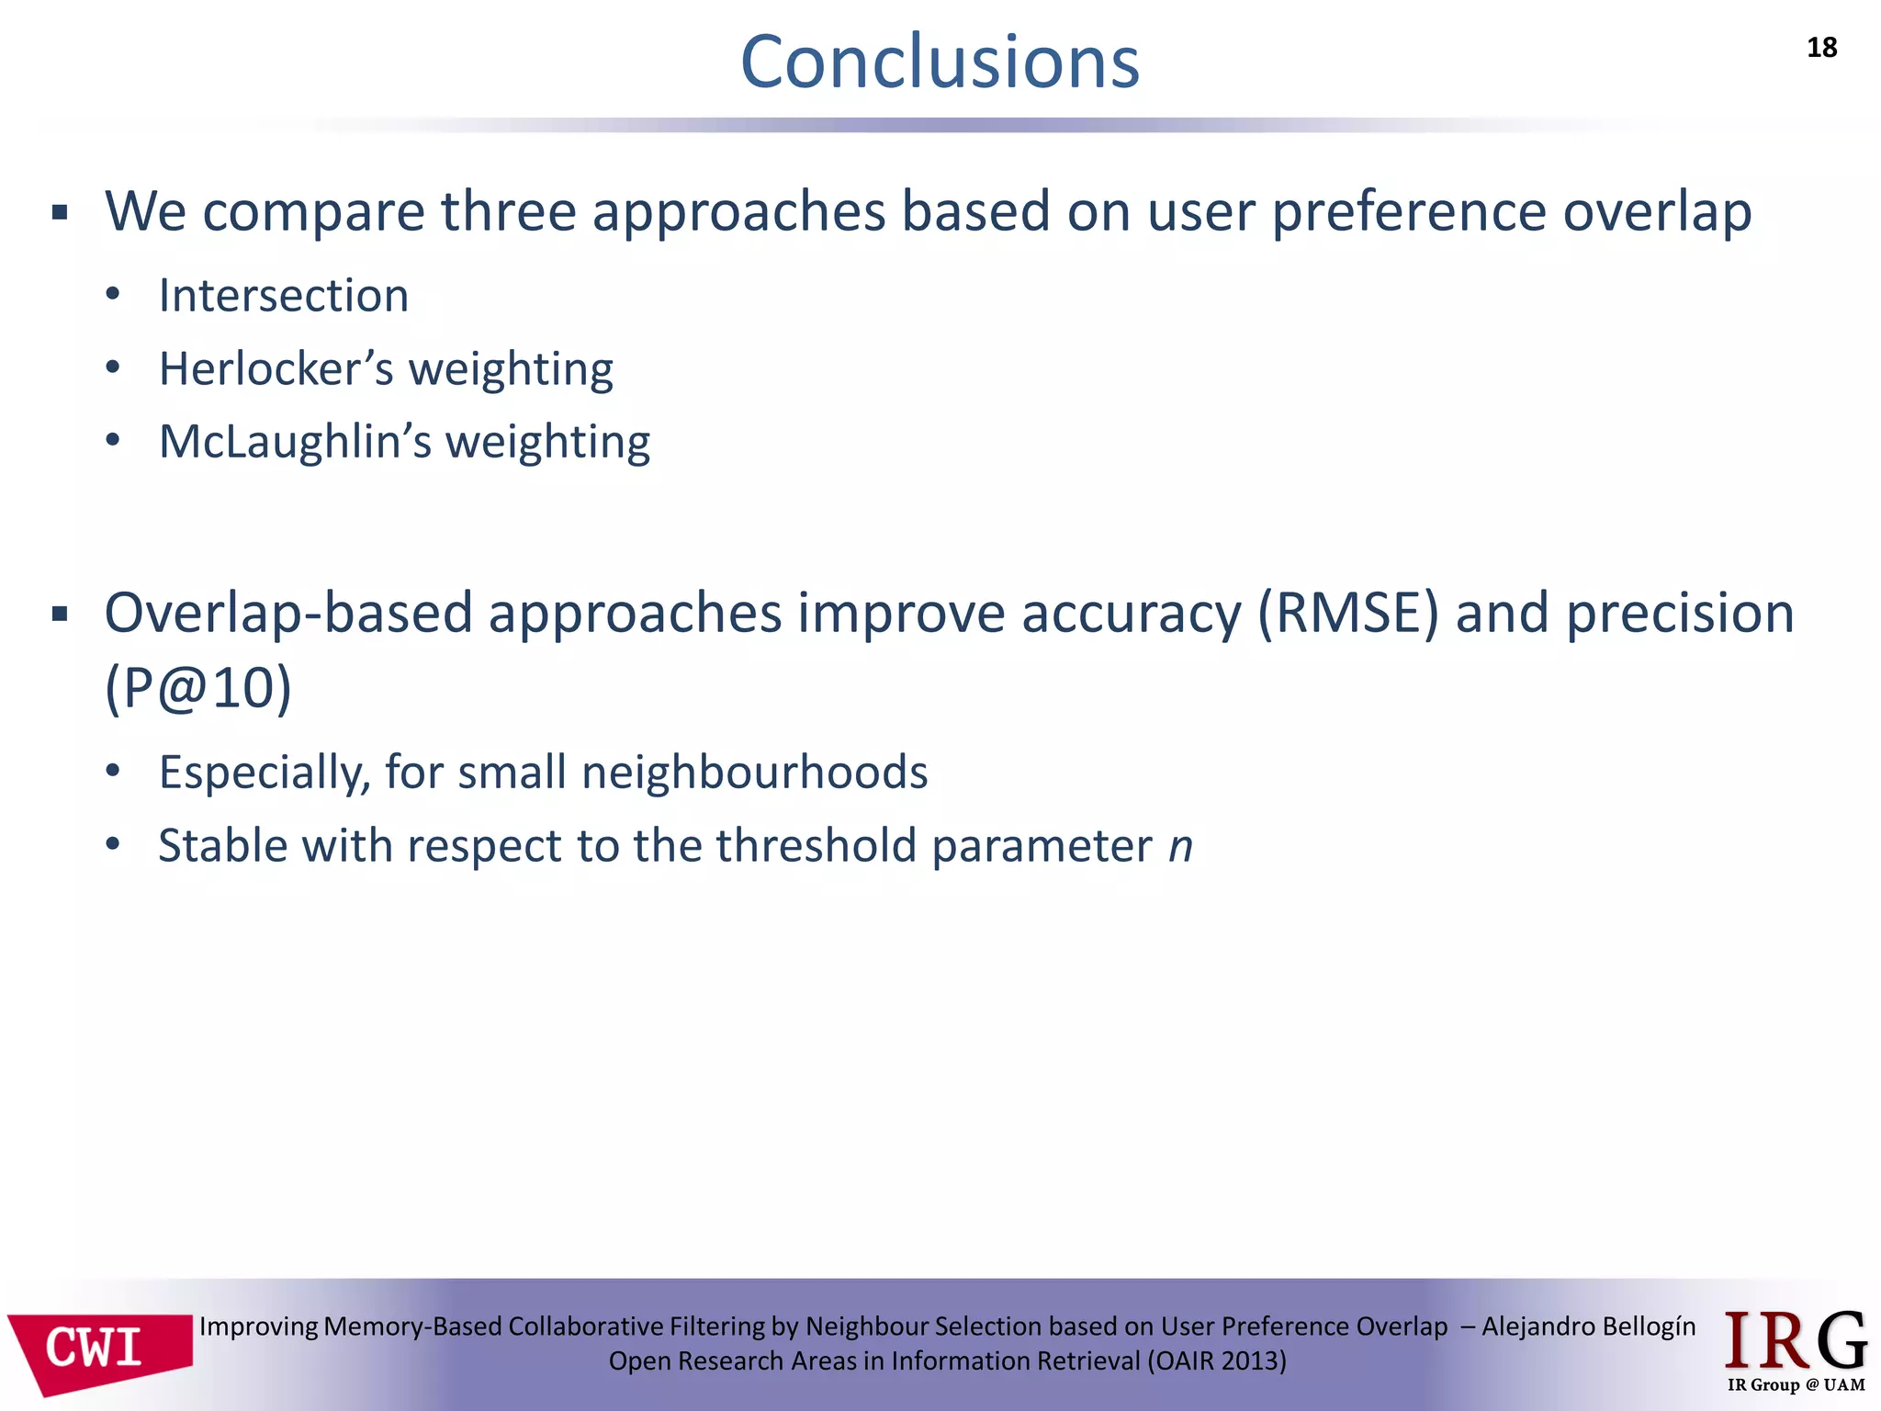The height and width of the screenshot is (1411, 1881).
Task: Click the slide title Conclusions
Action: pos(940,62)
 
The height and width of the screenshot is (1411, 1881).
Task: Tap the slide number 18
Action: pos(1821,48)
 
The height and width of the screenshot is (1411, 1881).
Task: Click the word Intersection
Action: pos(283,296)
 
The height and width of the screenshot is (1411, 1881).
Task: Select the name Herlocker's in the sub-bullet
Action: pos(276,369)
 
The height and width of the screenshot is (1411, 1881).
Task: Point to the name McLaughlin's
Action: pos(294,442)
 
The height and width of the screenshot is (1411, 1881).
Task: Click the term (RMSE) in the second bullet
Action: pos(1347,614)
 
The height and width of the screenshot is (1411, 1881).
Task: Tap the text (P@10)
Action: pos(197,688)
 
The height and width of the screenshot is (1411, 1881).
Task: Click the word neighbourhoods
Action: pos(754,772)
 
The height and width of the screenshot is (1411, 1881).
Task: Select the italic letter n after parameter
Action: pos(1180,846)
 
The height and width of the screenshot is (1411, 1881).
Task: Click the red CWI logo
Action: pos(99,1349)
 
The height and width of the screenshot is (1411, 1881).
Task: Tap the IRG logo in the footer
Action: pos(1795,1341)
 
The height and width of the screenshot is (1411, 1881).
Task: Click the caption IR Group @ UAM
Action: pos(1796,1385)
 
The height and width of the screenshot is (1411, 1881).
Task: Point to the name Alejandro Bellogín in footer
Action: pos(1588,1326)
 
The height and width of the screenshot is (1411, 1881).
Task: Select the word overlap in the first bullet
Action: pos(1657,212)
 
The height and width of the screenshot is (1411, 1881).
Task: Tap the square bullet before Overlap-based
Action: pos(61,614)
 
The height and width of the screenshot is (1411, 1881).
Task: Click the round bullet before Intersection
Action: pos(113,295)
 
